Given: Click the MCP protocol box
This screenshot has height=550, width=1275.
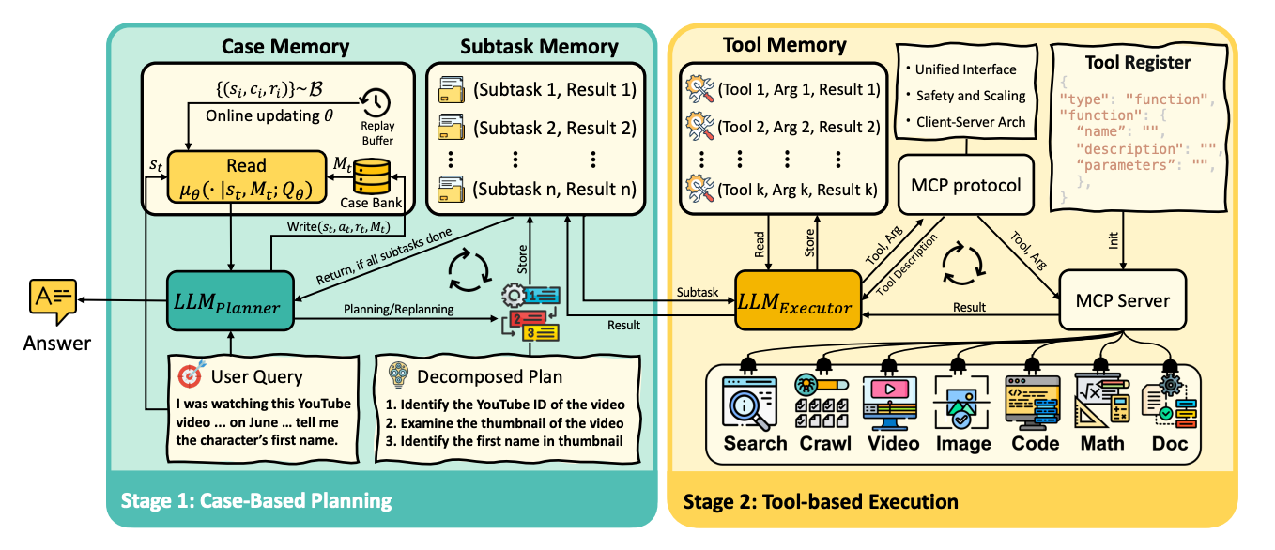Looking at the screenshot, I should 965,185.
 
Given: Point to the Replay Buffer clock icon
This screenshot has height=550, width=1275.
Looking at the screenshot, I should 376,102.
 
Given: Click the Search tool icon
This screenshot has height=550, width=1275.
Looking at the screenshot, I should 755,402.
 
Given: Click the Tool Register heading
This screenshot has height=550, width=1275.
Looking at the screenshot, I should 1137,63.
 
